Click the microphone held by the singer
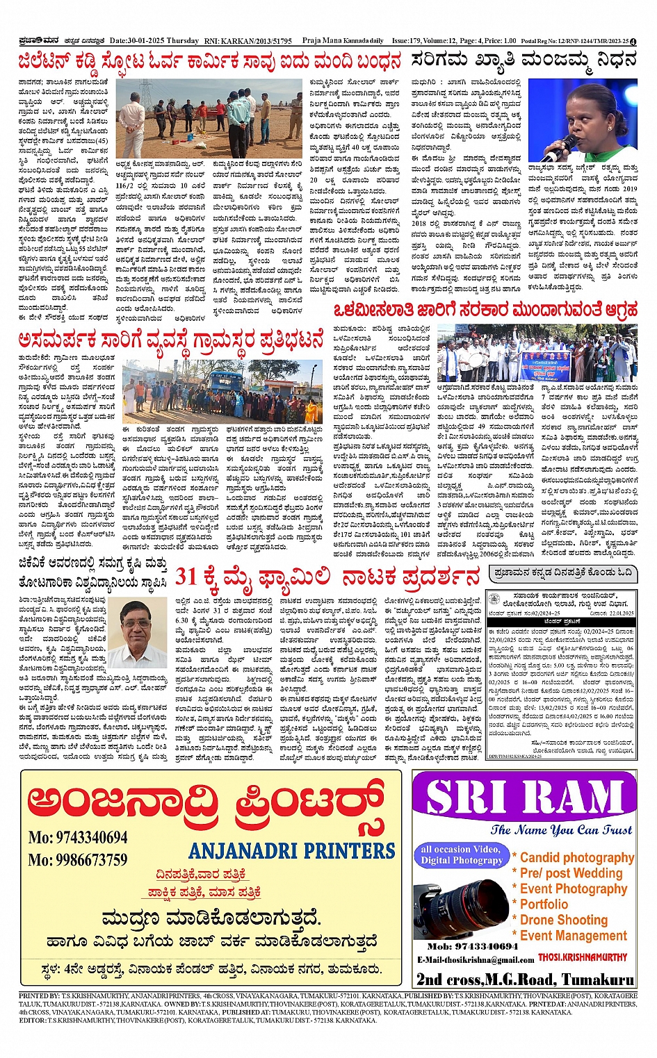pyautogui.click(x=567, y=145)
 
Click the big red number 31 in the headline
pyautogui.click(x=187, y=577)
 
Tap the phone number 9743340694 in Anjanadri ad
pyautogui.click(x=78, y=837)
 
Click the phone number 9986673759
pyautogui.click(x=78, y=860)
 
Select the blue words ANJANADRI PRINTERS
pyautogui.click(x=292, y=851)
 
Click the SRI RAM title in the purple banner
pyautogui.click(x=525, y=797)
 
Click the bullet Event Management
pyautogui.click(x=573, y=936)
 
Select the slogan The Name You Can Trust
pyautogui.click(x=561, y=829)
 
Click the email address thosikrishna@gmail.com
pyautogui.click(x=476, y=960)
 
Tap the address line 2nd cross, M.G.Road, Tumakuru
pyautogui.click(x=524, y=980)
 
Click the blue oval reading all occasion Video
pyautogui.click(x=461, y=854)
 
